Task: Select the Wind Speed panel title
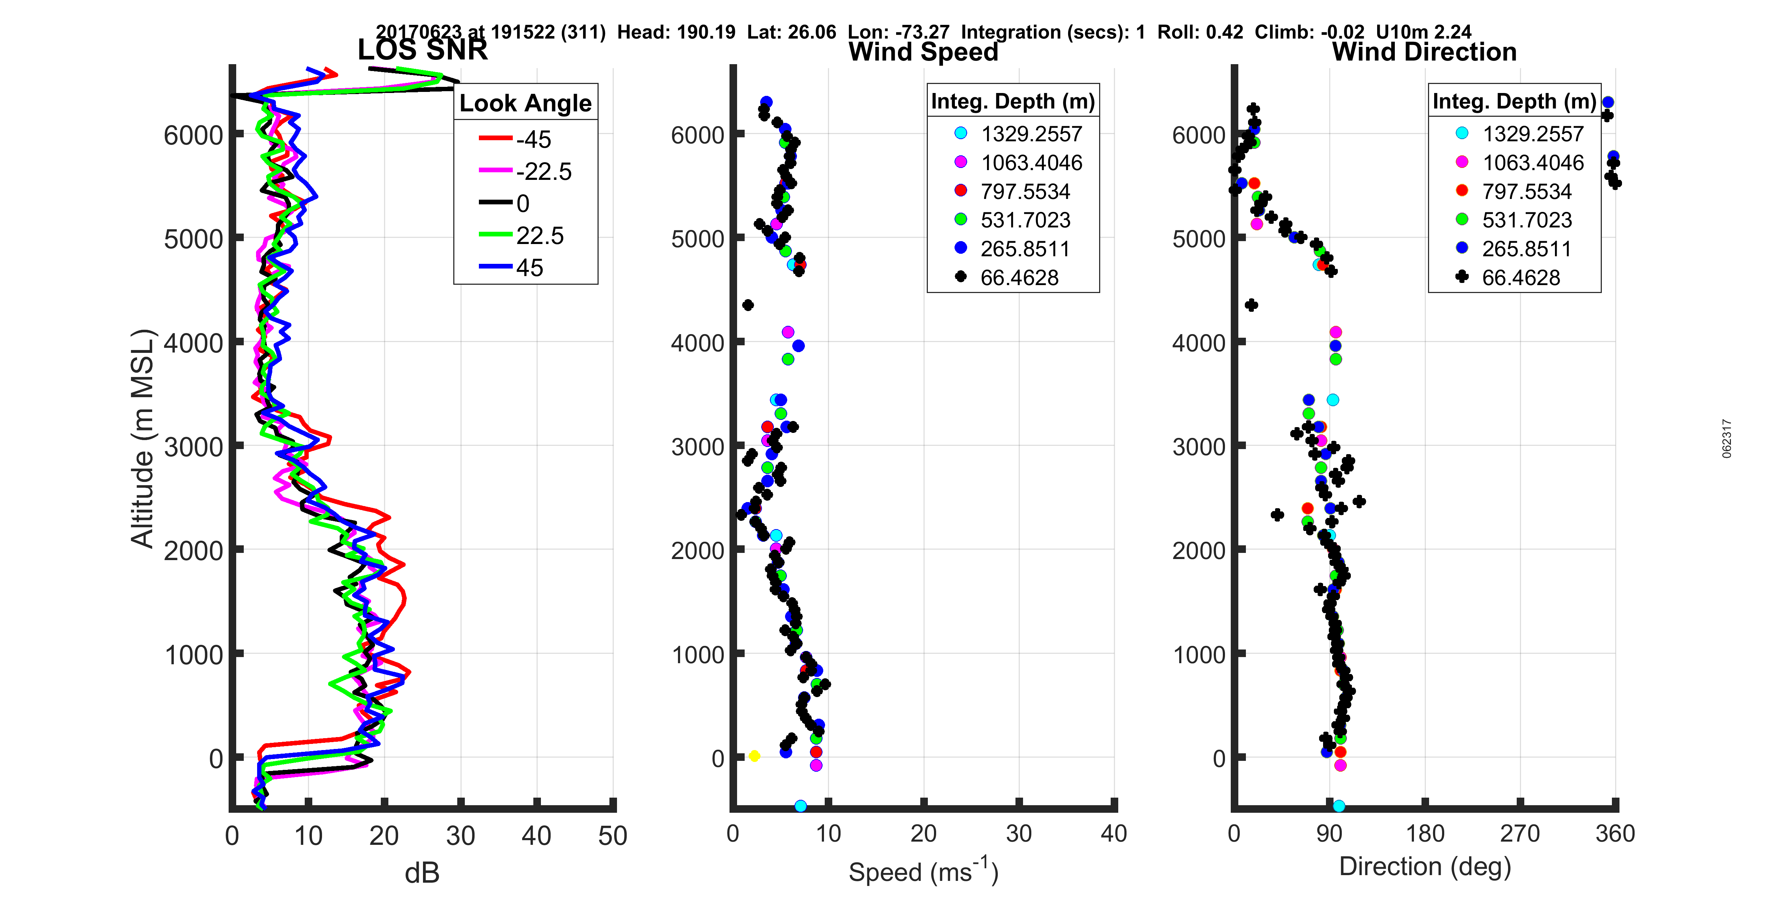coord(923,52)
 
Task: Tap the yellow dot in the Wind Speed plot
coord(754,756)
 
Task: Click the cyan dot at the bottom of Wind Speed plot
coord(800,806)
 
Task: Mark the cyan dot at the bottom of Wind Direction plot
coord(1339,806)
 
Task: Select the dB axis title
coord(422,873)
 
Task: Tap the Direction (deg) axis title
coord(1425,866)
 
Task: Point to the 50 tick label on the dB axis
coord(613,835)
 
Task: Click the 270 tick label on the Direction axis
coord(1520,833)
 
